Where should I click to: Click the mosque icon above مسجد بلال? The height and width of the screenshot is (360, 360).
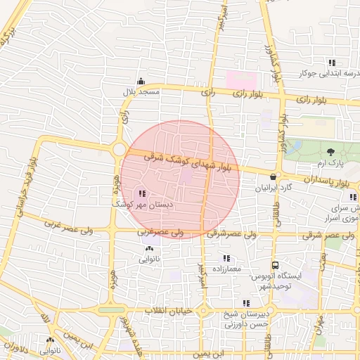coord(141,81)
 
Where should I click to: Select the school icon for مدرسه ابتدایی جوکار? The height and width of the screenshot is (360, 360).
coord(332,62)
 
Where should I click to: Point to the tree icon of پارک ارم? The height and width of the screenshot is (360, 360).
coord(330,151)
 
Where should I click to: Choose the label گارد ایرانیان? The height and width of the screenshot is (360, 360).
coord(272,188)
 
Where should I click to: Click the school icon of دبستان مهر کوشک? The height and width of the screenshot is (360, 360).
coord(142,193)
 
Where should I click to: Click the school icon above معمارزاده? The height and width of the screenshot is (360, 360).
coord(226,258)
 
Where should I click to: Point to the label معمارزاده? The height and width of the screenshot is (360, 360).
coord(226,269)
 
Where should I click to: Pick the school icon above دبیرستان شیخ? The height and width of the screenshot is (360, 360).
coord(246,303)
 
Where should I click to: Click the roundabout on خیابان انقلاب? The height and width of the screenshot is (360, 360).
coord(203,310)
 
